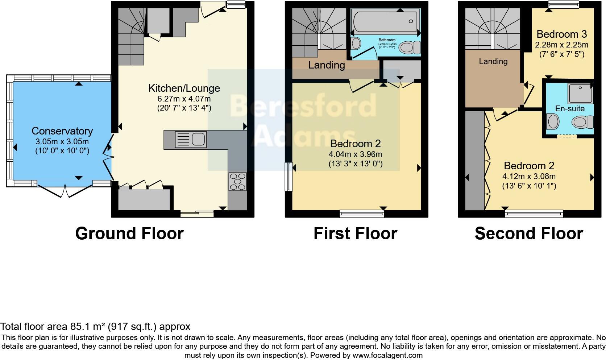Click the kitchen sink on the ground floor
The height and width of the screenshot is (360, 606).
pos(191,140)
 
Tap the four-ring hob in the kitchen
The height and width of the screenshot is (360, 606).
pos(238,181)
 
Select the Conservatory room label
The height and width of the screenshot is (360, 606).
pos(62,131)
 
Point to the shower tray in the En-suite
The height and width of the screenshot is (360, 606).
pos(580,93)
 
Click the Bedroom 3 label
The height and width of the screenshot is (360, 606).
pos(561,34)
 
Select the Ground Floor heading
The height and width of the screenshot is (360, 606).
pos(129,233)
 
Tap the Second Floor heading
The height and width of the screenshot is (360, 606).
pos(529,233)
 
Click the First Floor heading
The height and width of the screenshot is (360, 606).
pos(355,233)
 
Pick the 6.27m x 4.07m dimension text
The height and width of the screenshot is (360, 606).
pos(184,99)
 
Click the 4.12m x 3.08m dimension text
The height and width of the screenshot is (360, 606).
pos(529,177)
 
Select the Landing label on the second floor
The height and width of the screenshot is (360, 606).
pos(493,61)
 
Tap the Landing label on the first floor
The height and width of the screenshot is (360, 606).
pos(327,65)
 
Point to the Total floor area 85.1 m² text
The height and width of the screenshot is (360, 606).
pos(95,326)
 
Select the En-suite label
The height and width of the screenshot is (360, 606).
pos(570,108)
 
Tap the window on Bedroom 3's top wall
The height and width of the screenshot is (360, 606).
pos(563,4)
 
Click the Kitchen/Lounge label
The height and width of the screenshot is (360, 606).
pos(184,88)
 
